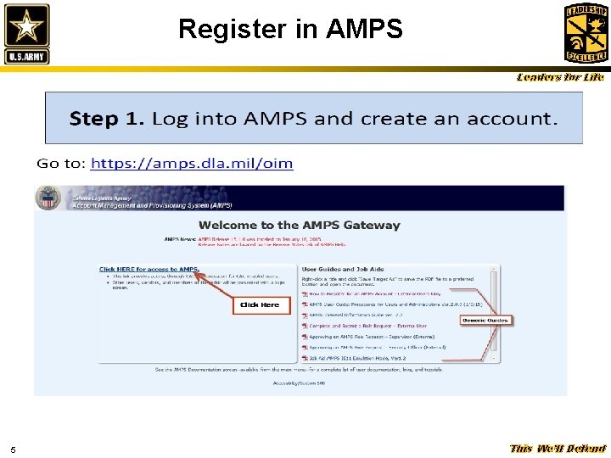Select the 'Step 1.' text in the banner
(106, 119)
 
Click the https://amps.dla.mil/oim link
(192, 163)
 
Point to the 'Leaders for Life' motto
(561, 77)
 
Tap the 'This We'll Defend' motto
(558, 449)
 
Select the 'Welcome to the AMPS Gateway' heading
(299, 225)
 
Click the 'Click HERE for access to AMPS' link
(149, 269)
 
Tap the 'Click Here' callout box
(260, 304)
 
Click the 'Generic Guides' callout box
(485, 320)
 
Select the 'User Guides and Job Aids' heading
(343, 269)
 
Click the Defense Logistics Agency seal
(49, 198)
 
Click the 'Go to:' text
(60, 163)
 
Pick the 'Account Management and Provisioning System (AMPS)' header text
(151, 205)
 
